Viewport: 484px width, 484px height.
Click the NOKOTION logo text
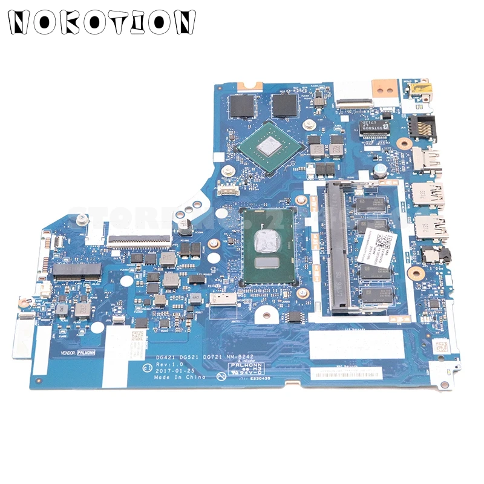tap(100, 22)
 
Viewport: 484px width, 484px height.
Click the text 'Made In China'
tap(180, 376)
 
